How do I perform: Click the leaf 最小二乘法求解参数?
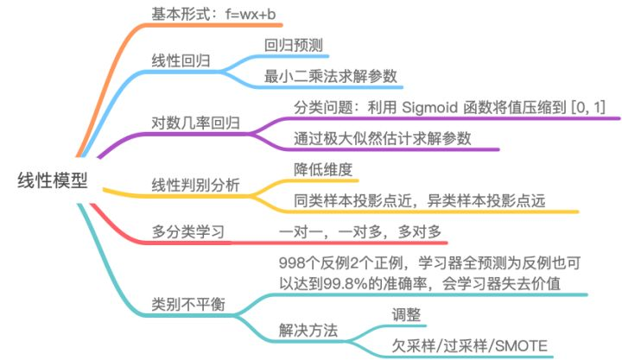coord(333,75)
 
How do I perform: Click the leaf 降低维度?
coord(323,169)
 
